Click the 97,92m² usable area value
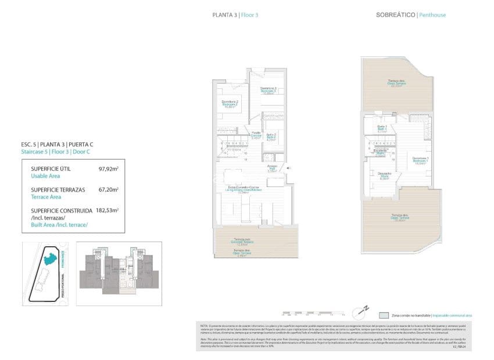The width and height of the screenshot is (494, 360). [109, 169]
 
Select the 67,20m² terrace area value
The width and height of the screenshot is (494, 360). [109, 189]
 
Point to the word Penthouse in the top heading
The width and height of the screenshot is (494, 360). [433, 15]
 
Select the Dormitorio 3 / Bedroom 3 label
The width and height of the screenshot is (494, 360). [268, 91]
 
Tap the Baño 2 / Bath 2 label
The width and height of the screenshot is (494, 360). [271, 138]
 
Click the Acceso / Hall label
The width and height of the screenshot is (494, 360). [271, 169]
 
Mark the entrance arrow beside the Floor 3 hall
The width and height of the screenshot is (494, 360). [289, 168]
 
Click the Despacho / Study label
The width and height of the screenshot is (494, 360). [384, 176]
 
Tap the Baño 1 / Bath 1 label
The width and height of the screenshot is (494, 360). [382, 128]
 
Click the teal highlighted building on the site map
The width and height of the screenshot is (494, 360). [51, 257]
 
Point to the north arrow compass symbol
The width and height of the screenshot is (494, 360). [364, 309]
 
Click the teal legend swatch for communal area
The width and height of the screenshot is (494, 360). [384, 315]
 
